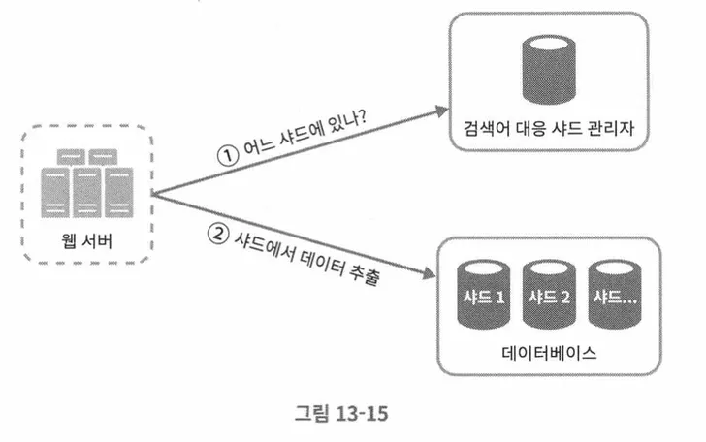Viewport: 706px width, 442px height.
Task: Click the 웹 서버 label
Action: (87, 240)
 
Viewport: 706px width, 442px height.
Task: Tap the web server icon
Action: (86, 187)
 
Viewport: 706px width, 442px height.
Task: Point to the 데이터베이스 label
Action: (549, 354)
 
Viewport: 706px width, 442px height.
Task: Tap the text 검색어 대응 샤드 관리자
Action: (549, 129)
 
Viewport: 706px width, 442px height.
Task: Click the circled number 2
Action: (220, 233)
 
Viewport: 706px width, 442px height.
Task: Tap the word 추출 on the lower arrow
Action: (363, 276)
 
